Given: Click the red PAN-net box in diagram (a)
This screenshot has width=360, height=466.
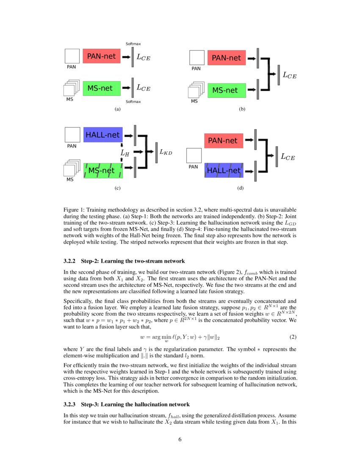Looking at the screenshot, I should tap(101, 56).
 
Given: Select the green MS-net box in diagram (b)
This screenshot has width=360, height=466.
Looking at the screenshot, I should tap(224, 90).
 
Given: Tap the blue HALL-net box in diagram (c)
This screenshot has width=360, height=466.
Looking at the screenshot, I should tap(103, 135).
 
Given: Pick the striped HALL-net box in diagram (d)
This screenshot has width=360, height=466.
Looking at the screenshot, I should tap(223, 170).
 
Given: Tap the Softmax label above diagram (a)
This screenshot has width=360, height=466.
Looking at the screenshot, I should tap(133, 44).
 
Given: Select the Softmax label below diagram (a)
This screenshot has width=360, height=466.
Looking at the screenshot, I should tap(133, 102).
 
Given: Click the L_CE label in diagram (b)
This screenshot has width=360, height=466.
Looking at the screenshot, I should tap(289, 75).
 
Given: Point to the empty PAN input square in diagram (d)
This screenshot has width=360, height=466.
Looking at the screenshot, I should tap(194, 155).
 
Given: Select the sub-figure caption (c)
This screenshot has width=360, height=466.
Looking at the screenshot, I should tap(118, 188).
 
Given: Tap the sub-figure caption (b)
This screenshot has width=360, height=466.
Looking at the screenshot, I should tap(242, 109).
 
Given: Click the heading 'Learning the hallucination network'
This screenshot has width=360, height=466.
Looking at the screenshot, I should tap(135, 404).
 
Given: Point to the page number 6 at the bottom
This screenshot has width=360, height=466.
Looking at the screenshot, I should tap(180, 439).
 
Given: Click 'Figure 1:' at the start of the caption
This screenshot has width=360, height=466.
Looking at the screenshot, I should tap(75, 210).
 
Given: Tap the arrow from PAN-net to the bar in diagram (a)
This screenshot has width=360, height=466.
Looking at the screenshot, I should tap(126, 56).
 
